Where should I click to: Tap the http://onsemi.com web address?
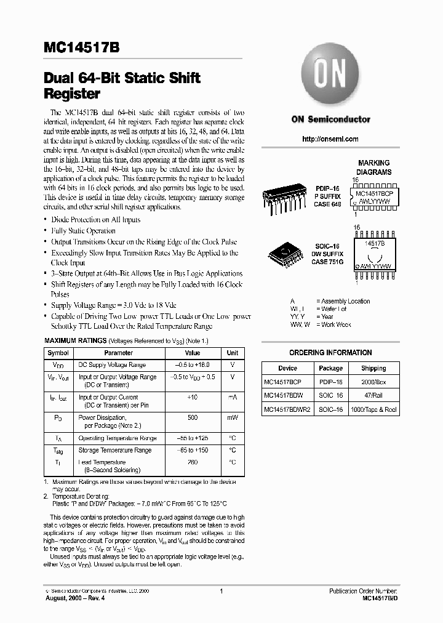pyautogui.click(x=330, y=139)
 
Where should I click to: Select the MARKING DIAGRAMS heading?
pyautogui.click(x=374, y=168)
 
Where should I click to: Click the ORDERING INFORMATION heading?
pyautogui.click(x=330, y=353)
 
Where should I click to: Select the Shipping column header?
pyautogui.click(x=373, y=368)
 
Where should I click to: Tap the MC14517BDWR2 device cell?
pyautogui.click(x=287, y=409)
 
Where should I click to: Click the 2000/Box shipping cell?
pyautogui.click(x=373, y=382)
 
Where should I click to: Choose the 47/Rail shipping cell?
pyautogui.click(x=373, y=395)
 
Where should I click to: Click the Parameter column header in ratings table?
pyautogui.click(x=118, y=353)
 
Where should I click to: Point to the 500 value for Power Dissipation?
pyautogui.click(x=193, y=417)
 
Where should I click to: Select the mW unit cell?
pyautogui.click(x=233, y=417)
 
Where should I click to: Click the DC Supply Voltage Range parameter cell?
pyautogui.click(x=112, y=365)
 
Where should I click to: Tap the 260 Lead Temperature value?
pyautogui.click(x=193, y=462)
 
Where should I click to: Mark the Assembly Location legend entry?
pyautogui.click(x=345, y=301)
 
